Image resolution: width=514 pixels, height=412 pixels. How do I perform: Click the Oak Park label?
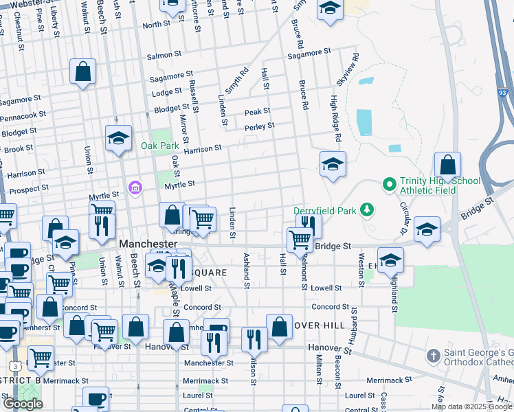(159, 146)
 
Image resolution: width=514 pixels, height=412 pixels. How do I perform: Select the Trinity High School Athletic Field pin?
(390, 183)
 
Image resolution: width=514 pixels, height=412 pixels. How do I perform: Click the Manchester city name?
(148, 244)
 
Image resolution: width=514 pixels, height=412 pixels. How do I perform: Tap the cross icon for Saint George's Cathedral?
(433, 355)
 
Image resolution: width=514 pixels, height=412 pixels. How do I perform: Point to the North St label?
(156, 25)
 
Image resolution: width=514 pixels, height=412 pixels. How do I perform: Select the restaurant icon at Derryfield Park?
(309, 224)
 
